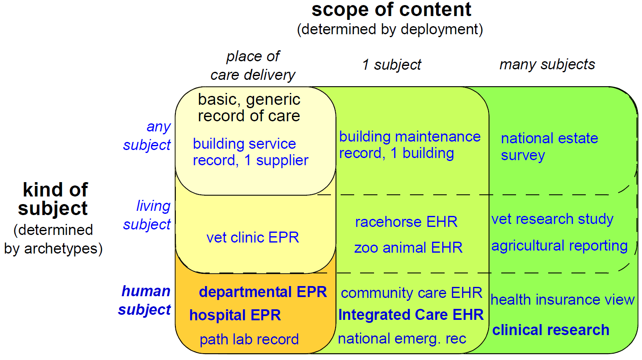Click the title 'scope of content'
tap(391, 10)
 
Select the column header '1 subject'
tap(391, 65)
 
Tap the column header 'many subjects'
tap(547, 65)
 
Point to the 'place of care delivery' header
tap(253, 65)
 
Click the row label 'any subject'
tap(147, 136)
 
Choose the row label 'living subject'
tap(147, 215)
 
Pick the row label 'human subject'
tap(145, 300)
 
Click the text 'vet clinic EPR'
tap(252, 237)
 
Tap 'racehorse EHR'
tap(406, 222)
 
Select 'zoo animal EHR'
tap(408, 248)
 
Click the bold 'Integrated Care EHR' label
tap(411, 314)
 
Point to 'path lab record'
tap(249, 339)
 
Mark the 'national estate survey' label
tap(549, 147)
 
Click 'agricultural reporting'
tap(560, 246)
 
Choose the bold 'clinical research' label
tap(551, 330)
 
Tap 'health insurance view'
tap(562, 300)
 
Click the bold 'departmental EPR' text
tap(263, 292)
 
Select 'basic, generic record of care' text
tap(249, 108)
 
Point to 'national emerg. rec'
tap(402, 338)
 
